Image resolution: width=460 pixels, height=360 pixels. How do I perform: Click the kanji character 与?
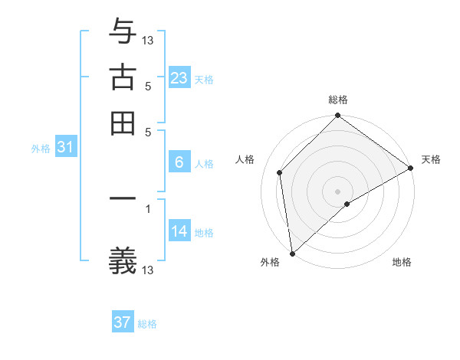[123, 31]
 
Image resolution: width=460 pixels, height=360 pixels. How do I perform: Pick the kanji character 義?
[123, 261]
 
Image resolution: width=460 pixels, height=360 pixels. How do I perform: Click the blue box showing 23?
[179, 78]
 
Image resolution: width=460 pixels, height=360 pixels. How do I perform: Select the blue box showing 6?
[179, 162]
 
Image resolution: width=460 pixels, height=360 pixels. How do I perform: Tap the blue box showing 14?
[179, 231]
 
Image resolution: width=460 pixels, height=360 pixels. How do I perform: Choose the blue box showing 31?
[64, 148]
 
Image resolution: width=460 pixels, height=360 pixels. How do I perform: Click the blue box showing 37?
[123, 322]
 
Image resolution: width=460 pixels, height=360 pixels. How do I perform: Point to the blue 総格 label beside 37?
[147, 324]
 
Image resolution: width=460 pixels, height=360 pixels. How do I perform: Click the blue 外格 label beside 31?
[40, 149]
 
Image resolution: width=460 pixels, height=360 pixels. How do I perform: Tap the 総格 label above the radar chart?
[338, 100]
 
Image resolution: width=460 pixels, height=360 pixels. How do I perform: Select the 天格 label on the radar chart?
[431, 159]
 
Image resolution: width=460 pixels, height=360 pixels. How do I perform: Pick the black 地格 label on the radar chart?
[402, 263]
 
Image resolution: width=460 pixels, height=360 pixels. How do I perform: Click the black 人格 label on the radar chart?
[245, 159]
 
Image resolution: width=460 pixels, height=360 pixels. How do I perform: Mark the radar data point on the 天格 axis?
[411, 168]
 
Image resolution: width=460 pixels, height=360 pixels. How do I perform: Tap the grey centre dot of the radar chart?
[338, 191]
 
